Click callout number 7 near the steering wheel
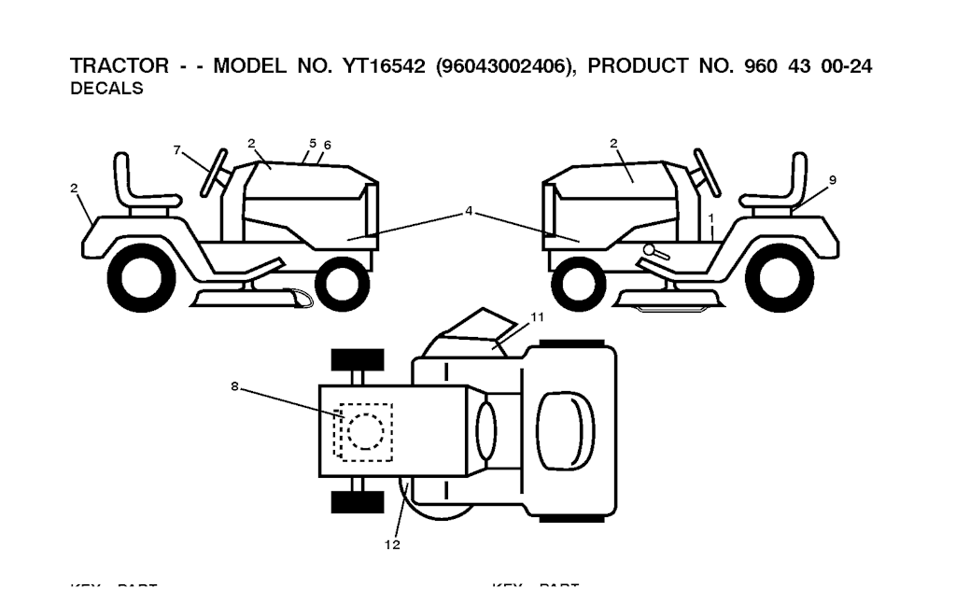(177, 149)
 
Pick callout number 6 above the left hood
(328, 146)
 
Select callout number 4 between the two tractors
(470, 212)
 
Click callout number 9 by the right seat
(832, 179)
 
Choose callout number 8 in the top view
(234, 385)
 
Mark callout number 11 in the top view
(537, 317)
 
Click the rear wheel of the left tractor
(142, 278)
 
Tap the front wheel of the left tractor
(342, 283)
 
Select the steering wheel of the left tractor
(215, 173)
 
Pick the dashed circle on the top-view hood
(365, 430)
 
